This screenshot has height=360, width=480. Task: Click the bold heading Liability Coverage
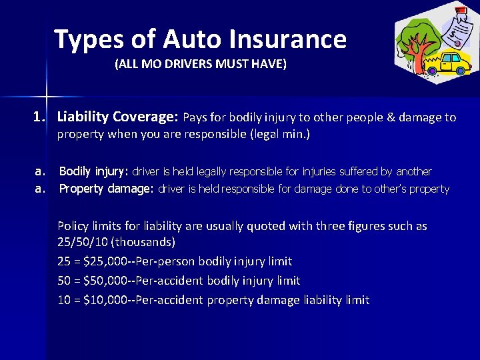coord(117,117)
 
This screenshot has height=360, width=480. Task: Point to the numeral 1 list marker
coord(39,117)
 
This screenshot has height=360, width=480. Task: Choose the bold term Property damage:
coord(107,189)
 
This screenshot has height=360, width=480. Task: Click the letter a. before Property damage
coord(41,189)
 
